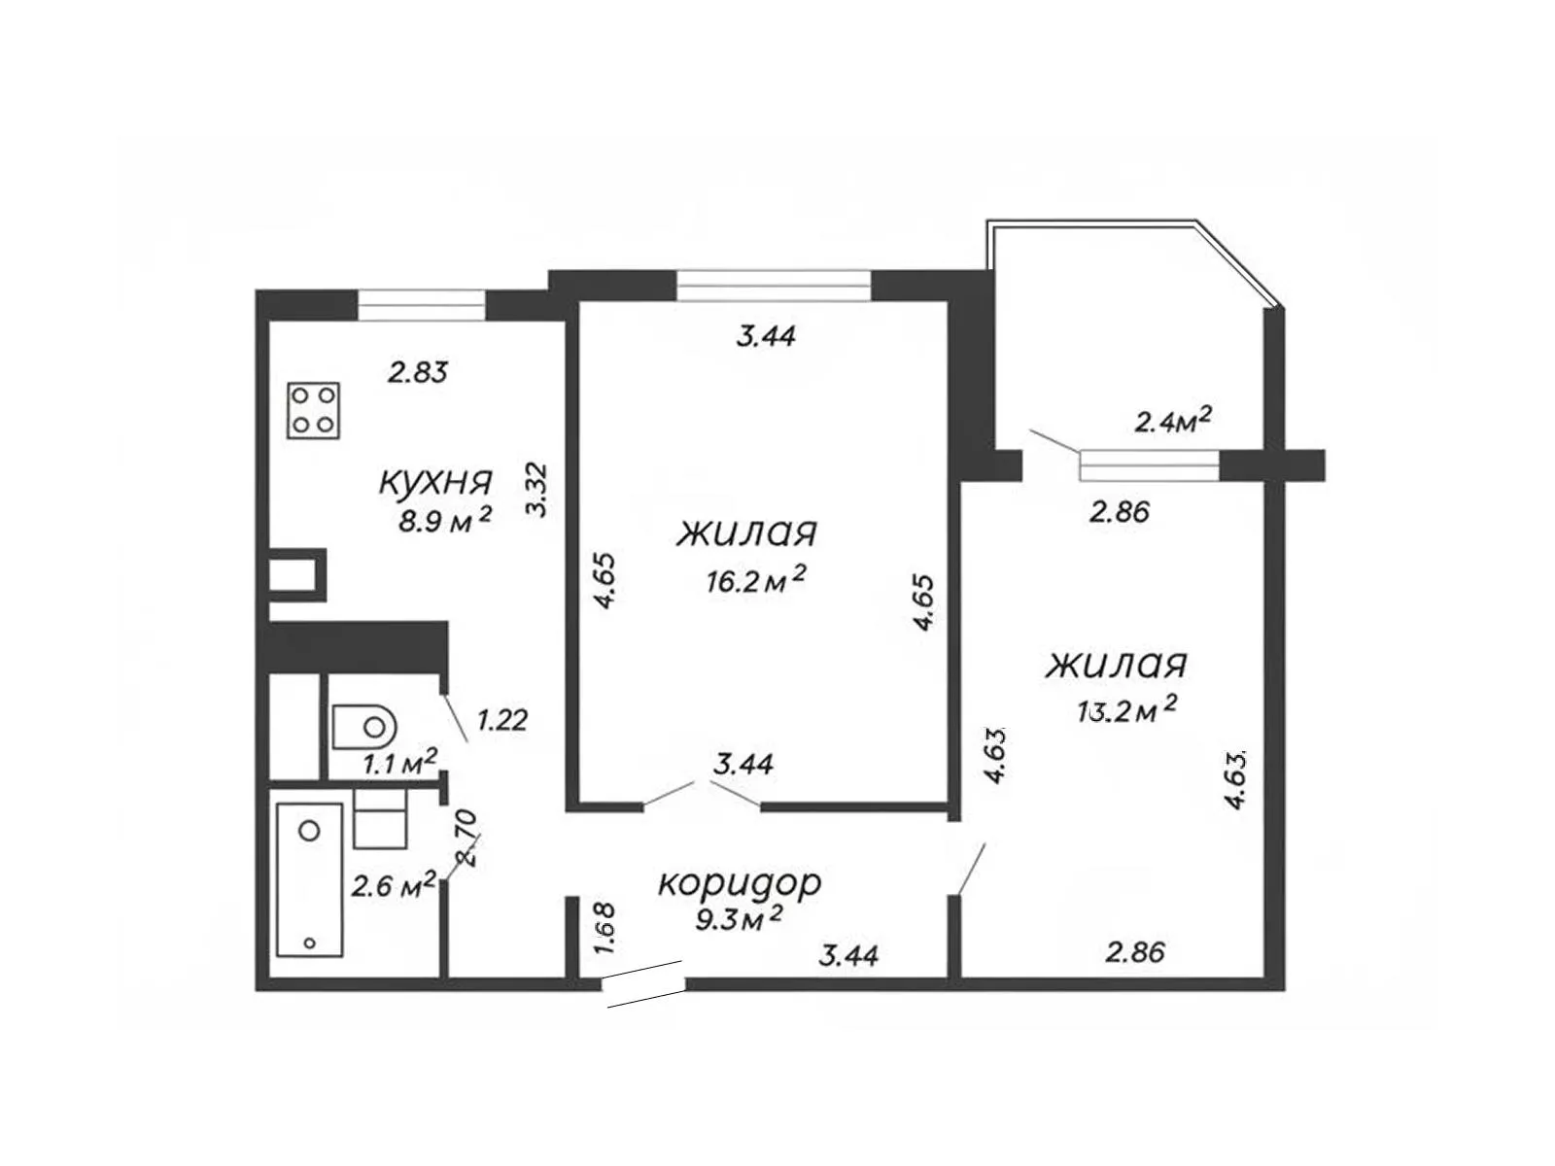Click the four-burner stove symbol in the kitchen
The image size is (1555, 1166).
(313, 410)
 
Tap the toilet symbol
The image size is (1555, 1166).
(364, 726)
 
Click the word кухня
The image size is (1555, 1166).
(435, 484)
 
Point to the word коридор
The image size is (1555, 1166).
(740, 884)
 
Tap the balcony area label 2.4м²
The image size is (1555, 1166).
(1172, 421)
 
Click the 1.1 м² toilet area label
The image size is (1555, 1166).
(400, 762)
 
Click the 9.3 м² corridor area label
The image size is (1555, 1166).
(740, 921)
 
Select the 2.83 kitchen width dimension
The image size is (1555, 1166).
(418, 372)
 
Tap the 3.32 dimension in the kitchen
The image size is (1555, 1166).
(538, 490)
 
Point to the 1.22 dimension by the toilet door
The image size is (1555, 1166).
(502, 721)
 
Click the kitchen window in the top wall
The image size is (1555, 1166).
(421, 305)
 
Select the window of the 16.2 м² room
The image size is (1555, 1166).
(773, 286)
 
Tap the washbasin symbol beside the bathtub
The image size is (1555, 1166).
(380, 819)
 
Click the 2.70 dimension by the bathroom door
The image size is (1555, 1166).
(468, 839)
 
